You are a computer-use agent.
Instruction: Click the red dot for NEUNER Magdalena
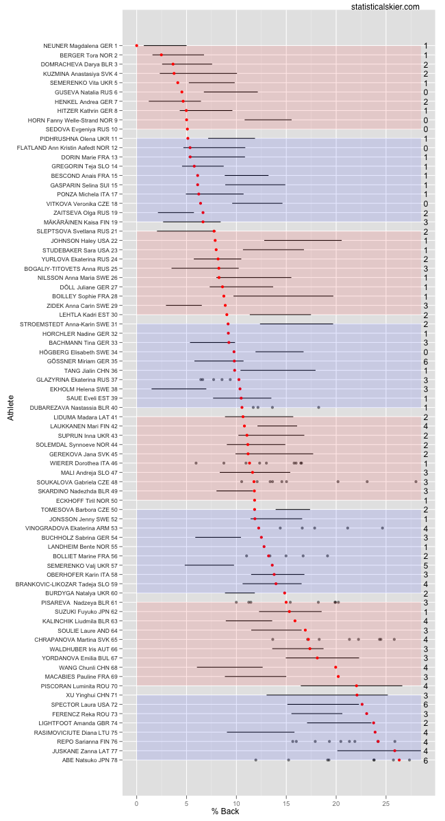click(x=136, y=45)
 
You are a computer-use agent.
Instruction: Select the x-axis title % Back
click(x=225, y=811)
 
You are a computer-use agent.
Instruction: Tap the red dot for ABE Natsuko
click(x=399, y=760)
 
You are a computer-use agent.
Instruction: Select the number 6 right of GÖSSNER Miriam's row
click(x=425, y=361)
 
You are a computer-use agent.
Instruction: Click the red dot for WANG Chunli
click(x=335, y=667)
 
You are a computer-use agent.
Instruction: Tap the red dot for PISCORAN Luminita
click(x=357, y=686)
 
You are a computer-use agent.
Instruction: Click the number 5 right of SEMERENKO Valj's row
click(x=425, y=566)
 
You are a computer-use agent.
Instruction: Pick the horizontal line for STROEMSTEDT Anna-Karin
click(x=296, y=324)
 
